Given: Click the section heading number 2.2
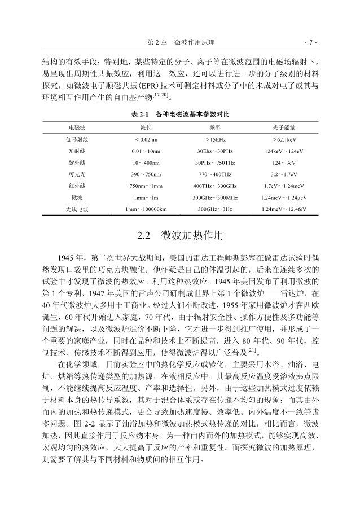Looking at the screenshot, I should (x=145, y=234).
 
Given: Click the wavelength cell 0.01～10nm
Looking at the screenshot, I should (x=146, y=151).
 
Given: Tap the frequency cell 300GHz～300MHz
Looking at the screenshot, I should (x=214, y=198).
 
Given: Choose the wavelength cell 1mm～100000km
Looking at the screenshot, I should (x=146, y=209).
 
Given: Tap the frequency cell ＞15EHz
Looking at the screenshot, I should (x=214, y=139).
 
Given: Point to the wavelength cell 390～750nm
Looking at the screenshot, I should (x=146, y=174).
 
